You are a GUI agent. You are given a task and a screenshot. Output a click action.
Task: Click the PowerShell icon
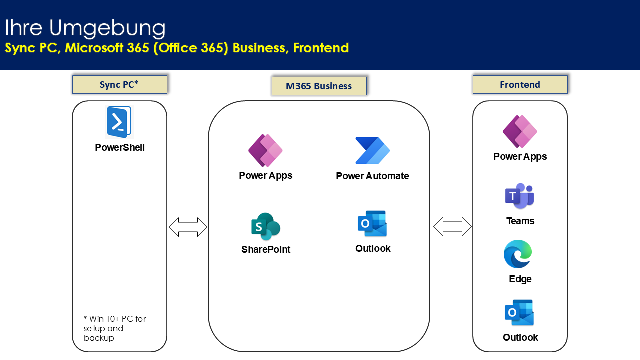(x=119, y=122)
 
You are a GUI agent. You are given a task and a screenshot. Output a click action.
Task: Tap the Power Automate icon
(x=372, y=151)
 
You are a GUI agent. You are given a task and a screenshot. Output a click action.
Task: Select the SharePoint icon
(x=266, y=227)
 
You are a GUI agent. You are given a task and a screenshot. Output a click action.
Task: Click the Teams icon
(x=520, y=196)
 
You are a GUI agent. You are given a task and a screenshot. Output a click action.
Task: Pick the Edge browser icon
(x=518, y=254)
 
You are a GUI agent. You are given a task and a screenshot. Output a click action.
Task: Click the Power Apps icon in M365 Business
(x=266, y=150)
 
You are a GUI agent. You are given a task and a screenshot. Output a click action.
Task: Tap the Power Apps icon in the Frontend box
(x=520, y=132)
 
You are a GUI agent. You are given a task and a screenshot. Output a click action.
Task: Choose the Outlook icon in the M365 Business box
(x=372, y=224)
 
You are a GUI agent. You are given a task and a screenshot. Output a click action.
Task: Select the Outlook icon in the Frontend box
(x=519, y=313)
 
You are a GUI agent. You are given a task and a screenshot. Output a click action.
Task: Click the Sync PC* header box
(x=119, y=85)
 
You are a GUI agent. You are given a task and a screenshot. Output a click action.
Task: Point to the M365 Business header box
(x=319, y=86)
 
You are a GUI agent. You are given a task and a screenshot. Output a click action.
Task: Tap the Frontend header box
(x=520, y=85)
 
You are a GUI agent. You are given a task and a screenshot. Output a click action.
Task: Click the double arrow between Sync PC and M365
(x=188, y=227)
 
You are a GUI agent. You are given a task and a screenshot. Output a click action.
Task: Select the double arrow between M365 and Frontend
(x=452, y=227)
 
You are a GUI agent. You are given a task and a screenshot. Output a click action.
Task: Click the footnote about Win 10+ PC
(x=115, y=328)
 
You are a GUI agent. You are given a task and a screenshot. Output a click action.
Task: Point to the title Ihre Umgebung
(x=85, y=28)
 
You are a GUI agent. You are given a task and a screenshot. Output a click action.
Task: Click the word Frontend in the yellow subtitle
(x=321, y=48)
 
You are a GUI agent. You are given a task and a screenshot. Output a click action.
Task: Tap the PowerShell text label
(x=120, y=148)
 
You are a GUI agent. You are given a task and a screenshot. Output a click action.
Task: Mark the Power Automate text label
(x=372, y=176)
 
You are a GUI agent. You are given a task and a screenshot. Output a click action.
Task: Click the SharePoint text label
(x=266, y=250)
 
